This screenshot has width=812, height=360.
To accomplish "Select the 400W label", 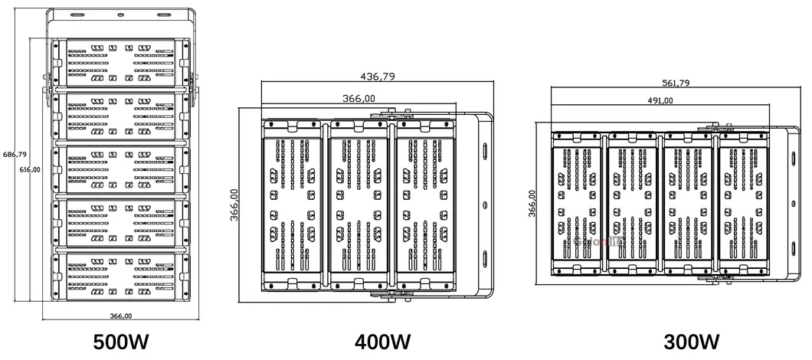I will click(x=383, y=342).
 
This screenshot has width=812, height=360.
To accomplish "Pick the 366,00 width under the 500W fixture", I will click(x=120, y=316).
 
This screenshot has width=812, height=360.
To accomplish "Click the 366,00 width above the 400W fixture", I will click(x=359, y=98).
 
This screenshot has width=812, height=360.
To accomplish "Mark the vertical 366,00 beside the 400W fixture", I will click(x=234, y=205).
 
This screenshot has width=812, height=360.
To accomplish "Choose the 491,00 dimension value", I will click(x=660, y=100).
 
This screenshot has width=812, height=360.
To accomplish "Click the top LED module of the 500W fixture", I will click(x=121, y=64).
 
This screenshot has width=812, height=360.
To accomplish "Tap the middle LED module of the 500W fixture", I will click(x=121, y=169).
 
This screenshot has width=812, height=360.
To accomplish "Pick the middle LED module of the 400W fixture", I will click(x=359, y=205).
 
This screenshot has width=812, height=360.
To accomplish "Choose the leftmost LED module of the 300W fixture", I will click(x=577, y=205).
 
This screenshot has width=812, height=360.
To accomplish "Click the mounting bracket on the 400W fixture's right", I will click(x=483, y=205).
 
